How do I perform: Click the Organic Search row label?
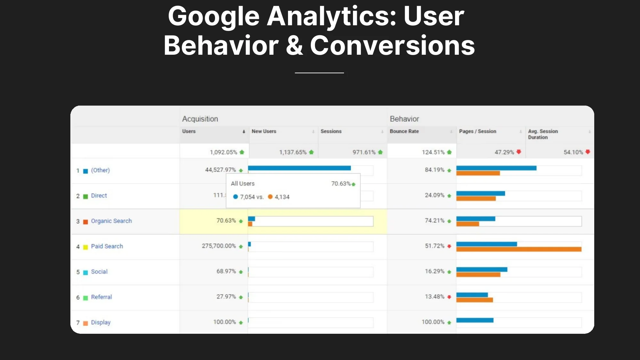tap(111, 221)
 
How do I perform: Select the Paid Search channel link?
tap(107, 246)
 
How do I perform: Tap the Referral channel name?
tap(101, 297)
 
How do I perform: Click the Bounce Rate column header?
tap(404, 131)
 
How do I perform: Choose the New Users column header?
tap(264, 131)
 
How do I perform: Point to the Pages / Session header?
tap(477, 131)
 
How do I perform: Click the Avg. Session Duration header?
tap(543, 134)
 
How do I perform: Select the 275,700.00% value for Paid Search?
tap(219, 246)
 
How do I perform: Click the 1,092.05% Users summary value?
tap(223, 152)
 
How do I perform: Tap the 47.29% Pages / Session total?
tap(504, 152)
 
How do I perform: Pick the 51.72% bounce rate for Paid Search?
tap(435, 246)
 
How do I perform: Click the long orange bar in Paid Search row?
tap(519, 249)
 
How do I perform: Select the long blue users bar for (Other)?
tap(299, 168)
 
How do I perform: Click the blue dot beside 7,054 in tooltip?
tap(236, 197)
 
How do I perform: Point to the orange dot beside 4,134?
tap(270, 197)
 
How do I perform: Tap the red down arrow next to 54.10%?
tap(588, 152)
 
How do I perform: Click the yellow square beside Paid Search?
tap(85, 247)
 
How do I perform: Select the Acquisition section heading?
tap(200, 119)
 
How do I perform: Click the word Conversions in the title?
tap(392, 45)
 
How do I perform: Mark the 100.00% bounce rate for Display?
tap(433, 322)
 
